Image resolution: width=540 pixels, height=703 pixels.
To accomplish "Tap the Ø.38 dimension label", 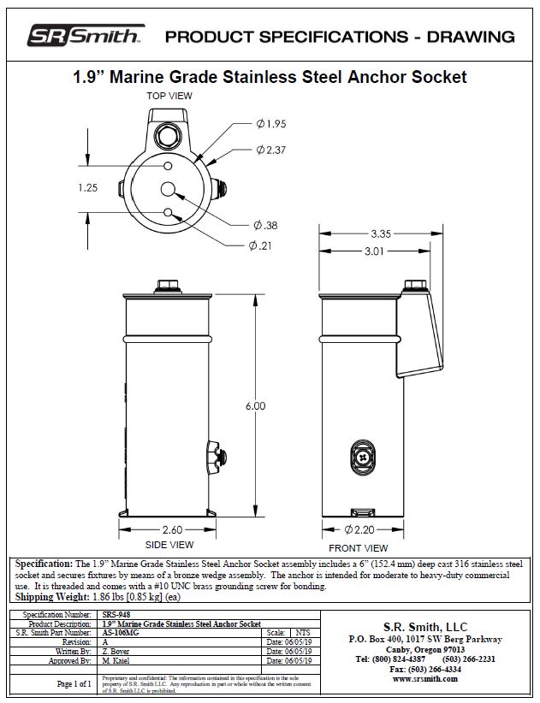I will click(x=265, y=226).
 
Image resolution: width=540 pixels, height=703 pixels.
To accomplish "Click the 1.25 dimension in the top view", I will click(x=89, y=188).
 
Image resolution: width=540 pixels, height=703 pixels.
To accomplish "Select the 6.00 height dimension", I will click(x=255, y=405).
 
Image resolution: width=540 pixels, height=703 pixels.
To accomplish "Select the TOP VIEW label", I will click(x=169, y=96).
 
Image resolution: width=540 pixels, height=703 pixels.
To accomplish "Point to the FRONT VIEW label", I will click(x=359, y=548).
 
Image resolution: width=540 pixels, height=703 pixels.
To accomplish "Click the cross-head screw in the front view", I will click(x=364, y=457).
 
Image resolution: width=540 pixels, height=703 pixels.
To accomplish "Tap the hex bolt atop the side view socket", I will click(x=166, y=285).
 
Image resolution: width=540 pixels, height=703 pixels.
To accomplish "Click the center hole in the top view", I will click(x=168, y=189).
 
